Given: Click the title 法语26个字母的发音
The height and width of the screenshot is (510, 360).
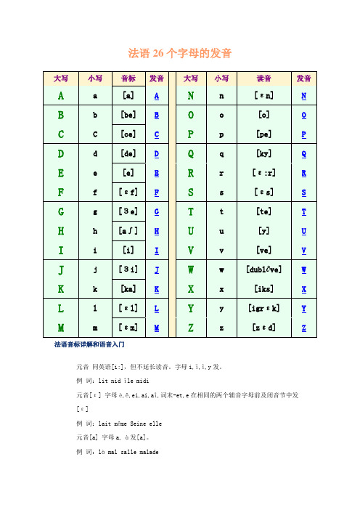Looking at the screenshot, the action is coord(180,53).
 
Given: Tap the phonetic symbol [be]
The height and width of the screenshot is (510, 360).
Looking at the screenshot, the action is coord(128,116).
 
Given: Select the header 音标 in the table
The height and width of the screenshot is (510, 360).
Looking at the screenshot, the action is coord(128,78).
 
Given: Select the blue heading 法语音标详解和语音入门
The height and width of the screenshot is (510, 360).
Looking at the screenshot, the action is coord(91,342).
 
